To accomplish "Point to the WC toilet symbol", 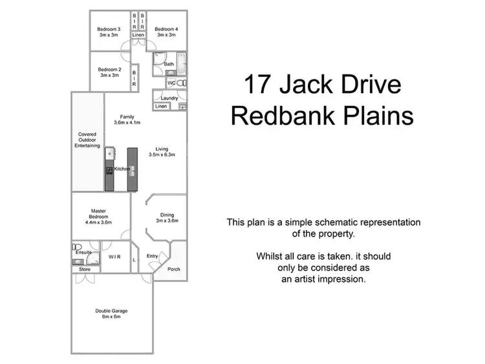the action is tap(182, 83).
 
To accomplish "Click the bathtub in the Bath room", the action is tap(181, 64).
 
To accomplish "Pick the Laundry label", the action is tap(169, 98).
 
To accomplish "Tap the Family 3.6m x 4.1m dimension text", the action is tap(127, 122).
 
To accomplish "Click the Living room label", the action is tap(162, 149).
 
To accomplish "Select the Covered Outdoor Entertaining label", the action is tap(87, 140).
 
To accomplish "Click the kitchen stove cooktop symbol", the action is tap(109, 171).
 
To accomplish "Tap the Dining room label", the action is tap(167, 215).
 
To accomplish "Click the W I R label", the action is tap(114, 257).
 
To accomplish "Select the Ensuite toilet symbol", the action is tap(77, 247).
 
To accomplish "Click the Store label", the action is tap(85, 270).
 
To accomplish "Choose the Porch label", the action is tap(174, 269).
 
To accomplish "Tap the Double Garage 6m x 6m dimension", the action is tap(111, 317).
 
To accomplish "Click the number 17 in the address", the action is tap(257, 84).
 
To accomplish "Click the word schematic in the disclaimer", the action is tap(335, 222).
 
